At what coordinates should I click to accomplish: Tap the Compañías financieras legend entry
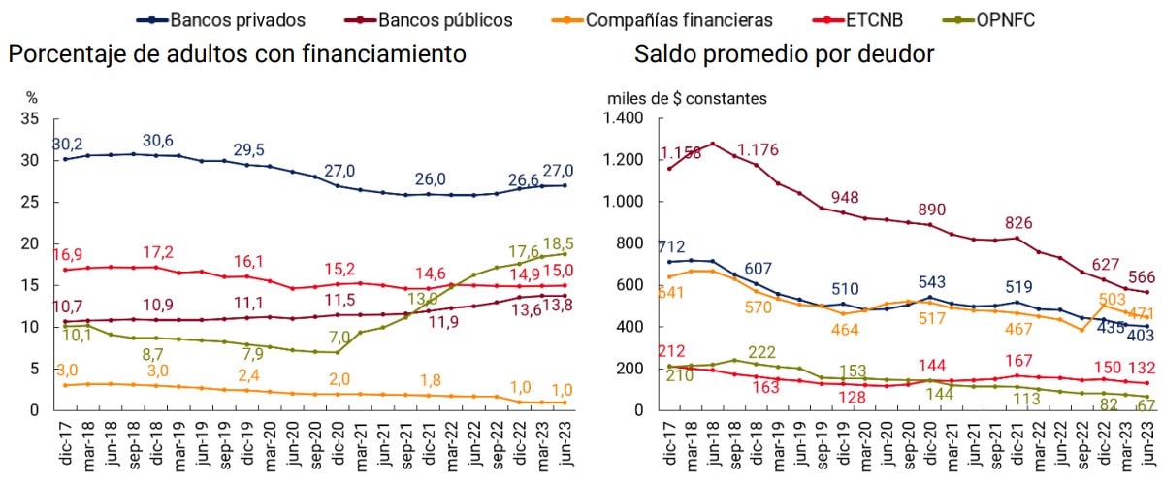[x=663, y=18]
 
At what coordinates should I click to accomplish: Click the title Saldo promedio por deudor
[x=785, y=54]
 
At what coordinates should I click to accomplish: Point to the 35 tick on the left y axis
[x=29, y=118]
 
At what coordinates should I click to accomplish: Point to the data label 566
[x=1133, y=276]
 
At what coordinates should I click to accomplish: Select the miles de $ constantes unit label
[x=687, y=98]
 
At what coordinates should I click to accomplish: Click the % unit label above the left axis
[x=31, y=98]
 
